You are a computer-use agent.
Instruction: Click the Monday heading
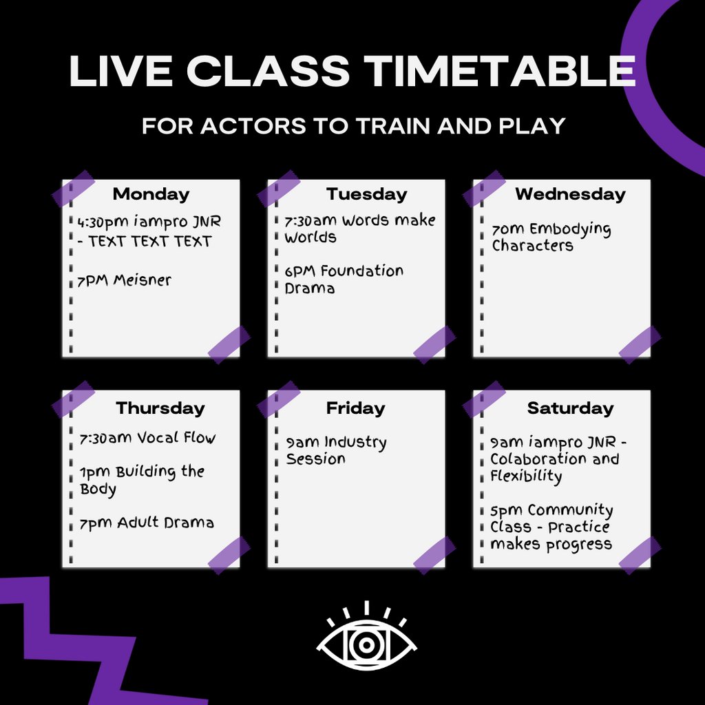click(x=151, y=194)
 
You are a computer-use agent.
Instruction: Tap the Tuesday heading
click(x=366, y=194)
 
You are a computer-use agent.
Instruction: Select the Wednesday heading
click(x=570, y=194)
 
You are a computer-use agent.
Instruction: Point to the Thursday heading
click(x=160, y=408)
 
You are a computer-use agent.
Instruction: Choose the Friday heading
click(x=355, y=408)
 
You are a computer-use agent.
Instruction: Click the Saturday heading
click(x=570, y=408)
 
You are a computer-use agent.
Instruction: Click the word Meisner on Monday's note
click(x=143, y=281)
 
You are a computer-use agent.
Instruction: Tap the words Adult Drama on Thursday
click(x=165, y=523)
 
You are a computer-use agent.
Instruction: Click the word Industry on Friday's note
click(x=355, y=442)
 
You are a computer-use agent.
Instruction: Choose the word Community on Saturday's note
click(x=570, y=511)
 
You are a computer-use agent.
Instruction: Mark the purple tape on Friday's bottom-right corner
click(x=434, y=555)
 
